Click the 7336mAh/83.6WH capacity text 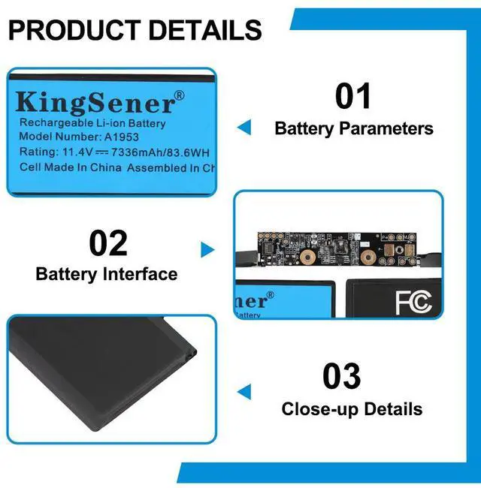click(x=157, y=152)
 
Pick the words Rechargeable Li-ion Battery click(x=92, y=123)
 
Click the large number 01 click(x=353, y=97)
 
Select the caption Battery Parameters click(x=354, y=128)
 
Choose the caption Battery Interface click(x=107, y=274)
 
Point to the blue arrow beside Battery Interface click(x=207, y=250)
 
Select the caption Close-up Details click(x=352, y=409)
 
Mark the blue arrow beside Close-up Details click(x=244, y=391)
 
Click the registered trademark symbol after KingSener click(x=179, y=95)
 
